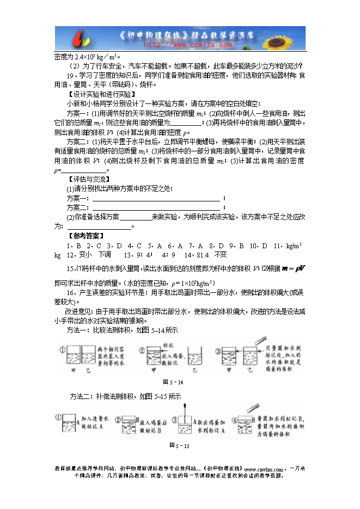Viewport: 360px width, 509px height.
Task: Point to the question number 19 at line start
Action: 68,76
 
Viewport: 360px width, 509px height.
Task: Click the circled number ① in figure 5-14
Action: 63,349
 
